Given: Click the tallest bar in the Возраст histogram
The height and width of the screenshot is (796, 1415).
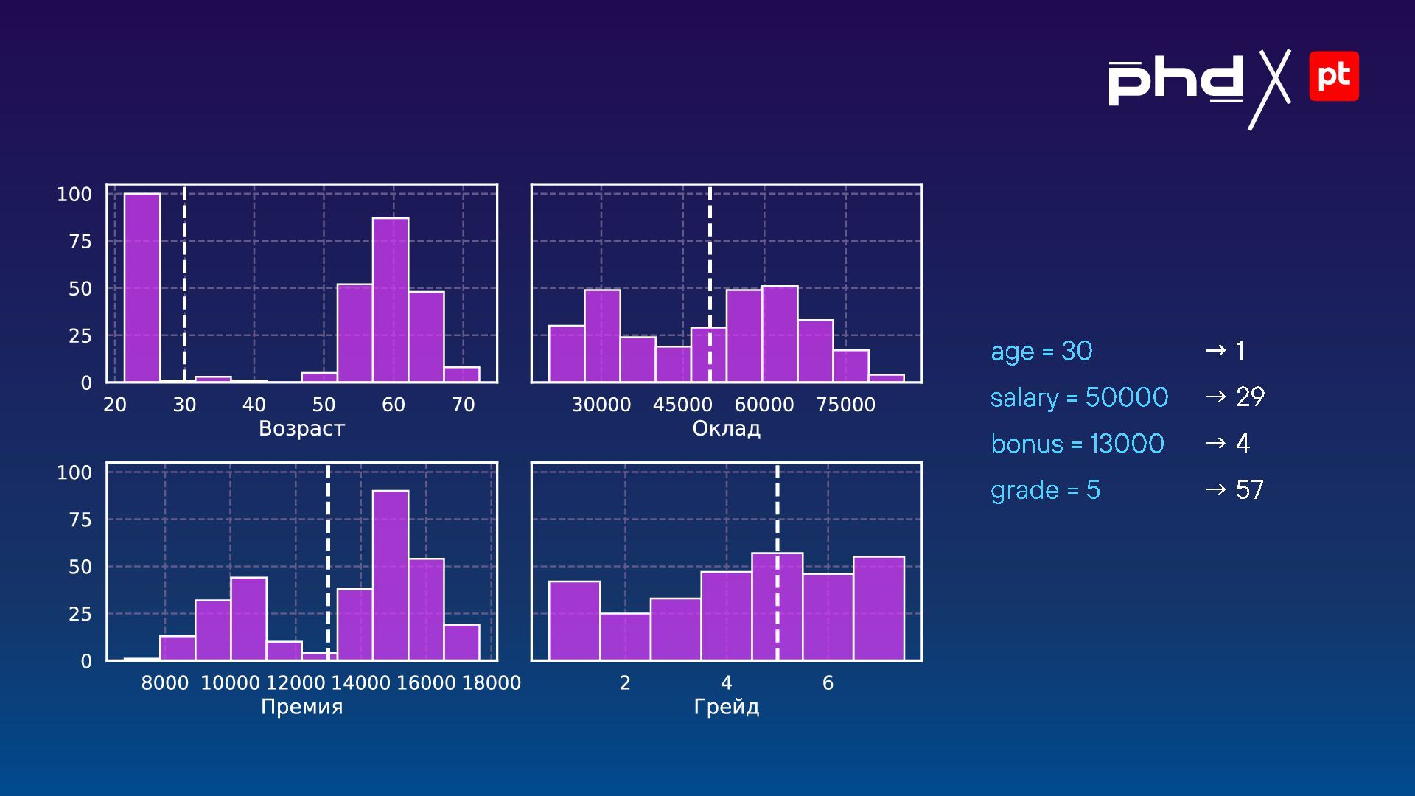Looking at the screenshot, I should [141, 287].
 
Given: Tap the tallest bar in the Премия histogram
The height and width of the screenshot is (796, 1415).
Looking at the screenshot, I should [391, 575].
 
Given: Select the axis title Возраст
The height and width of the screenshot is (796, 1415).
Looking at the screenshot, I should [301, 429].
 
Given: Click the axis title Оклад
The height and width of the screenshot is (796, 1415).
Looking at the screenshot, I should [726, 429].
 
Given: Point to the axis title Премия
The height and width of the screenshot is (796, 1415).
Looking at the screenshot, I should [301, 708].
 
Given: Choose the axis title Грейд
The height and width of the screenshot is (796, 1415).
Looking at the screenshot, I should [726, 708].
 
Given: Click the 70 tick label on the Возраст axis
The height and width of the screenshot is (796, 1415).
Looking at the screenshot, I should [463, 405].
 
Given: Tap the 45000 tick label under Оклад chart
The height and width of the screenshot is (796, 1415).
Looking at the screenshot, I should [682, 405].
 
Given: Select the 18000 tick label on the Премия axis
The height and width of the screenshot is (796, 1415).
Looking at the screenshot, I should [491, 683].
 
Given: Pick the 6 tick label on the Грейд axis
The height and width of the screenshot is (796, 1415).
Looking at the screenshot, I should [828, 683].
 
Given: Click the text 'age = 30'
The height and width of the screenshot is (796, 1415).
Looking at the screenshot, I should [1041, 352].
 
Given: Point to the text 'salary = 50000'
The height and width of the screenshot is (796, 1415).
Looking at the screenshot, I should [1079, 398].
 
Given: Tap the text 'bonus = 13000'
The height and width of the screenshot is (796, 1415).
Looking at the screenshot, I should [1077, 444].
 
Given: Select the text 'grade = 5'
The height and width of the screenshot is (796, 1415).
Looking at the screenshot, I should [1045, 491].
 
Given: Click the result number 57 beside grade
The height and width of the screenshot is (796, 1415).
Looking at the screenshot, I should [1250, 490].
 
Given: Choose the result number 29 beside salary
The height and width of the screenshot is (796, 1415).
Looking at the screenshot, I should [1250, 397].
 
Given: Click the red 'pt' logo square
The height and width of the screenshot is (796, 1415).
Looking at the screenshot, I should [1334, 76].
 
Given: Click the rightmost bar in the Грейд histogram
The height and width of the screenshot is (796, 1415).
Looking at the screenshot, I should [878, 608].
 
